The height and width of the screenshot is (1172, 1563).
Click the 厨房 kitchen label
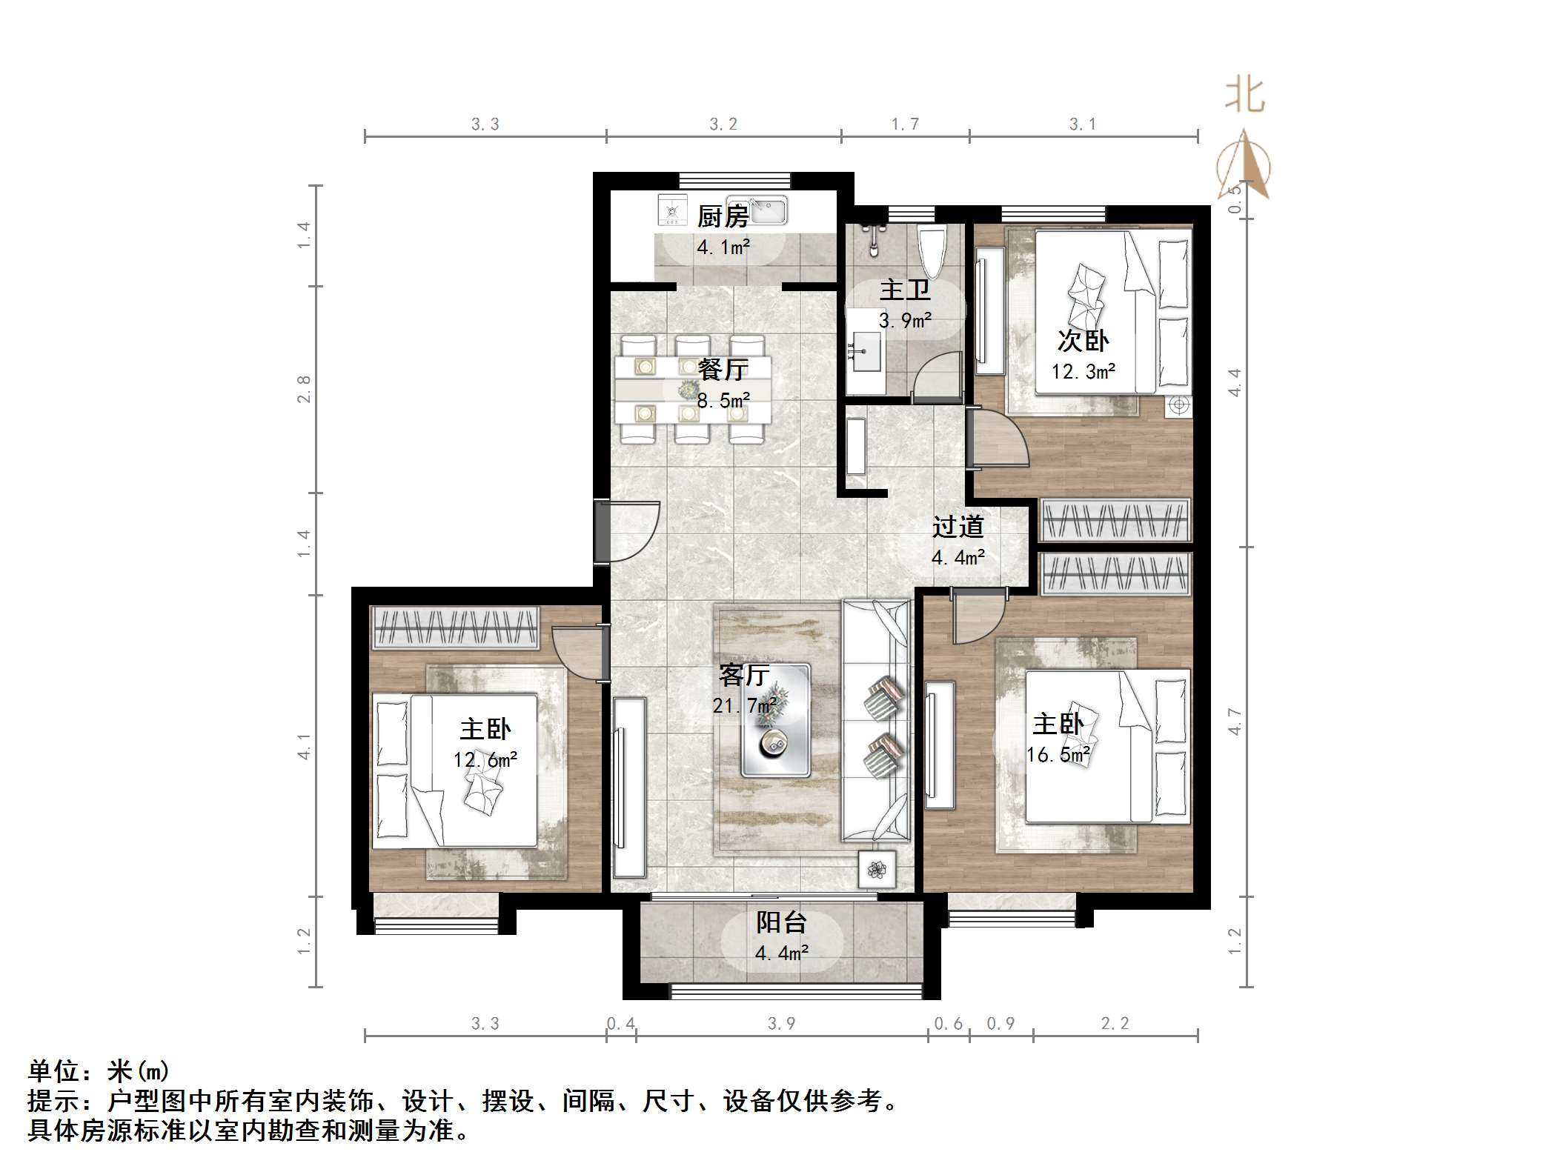pyautogui.click(x=723, y=217)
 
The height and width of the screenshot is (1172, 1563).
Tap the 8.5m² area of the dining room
pyautogui.click(x=723, y=401)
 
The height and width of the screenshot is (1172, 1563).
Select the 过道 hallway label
pyautogui.click(x=958, y=527)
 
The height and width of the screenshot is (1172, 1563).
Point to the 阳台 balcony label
pyautogui.click(x=781, y=922)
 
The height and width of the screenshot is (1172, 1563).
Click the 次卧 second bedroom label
pyautogui.click(x=1083, y=341)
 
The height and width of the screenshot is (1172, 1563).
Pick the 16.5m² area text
pyautogui.click(x=1058, y=755)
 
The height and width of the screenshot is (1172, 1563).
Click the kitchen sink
pyautogui.click(x=757, y=210)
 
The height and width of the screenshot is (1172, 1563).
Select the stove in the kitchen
pyautogui.click(x=672, y=210)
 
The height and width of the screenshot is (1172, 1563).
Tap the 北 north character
pyautogui.click(x=1245, y=96)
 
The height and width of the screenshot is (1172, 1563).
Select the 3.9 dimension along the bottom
pyautogui.click(x=781, y=1024)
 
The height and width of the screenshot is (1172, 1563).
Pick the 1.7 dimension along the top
pyautogui.click(x=905, y=124)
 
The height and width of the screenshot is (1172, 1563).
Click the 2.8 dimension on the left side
pyautogui.click(x=304, y=389)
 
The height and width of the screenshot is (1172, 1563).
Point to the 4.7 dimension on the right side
pyautogui.click(x=1234, y=722)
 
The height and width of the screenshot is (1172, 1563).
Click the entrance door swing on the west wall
pyautogui.click(x=630, y=532)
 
